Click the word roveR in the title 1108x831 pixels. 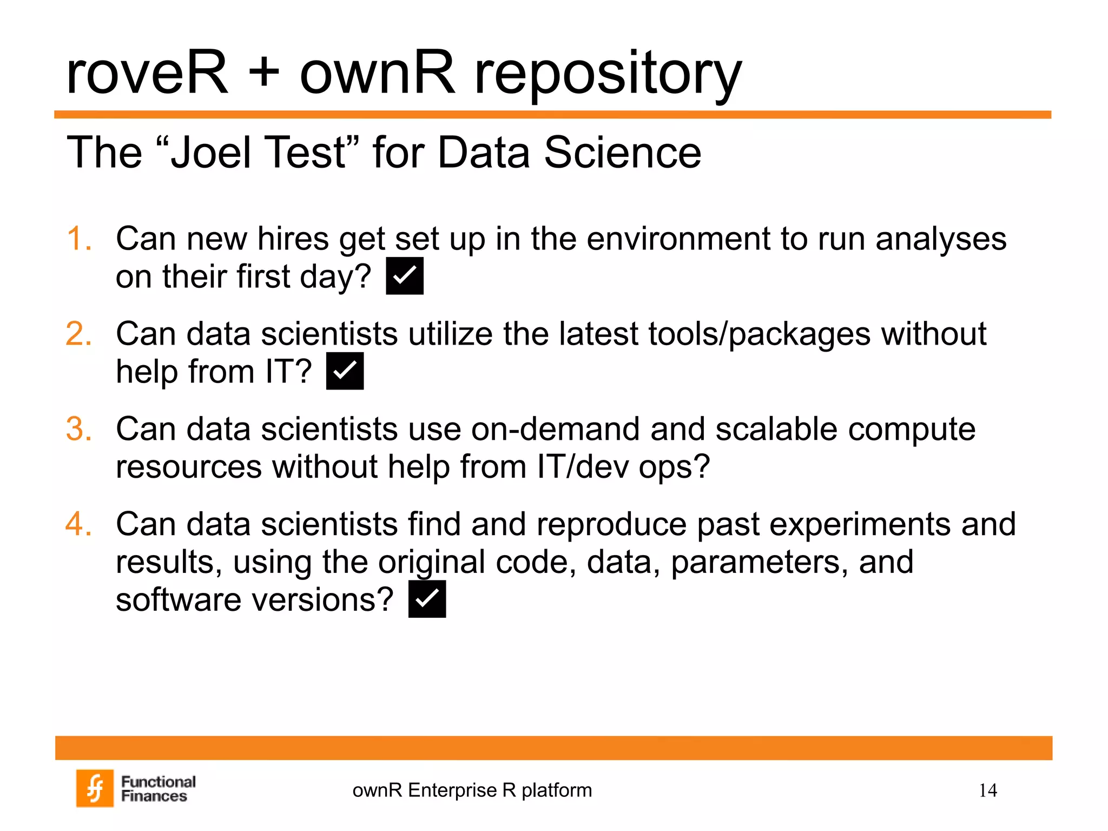pyautogui.click(x=147, y=73)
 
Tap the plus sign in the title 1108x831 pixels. pyautogui.click(x=264, y=73)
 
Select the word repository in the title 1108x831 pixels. pyautogui.click(x=608, y=76)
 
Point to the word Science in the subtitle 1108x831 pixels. pyautogui.click(x=622, y=153)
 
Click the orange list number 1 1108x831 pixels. pyautogui.click(x=79, y=239)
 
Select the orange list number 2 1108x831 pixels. pyautogui.click(x=79, y=334)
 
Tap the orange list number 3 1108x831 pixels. pyautogui.click(x=79, y=429)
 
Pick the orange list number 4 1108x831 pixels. pyautogui.click(x=79, y=524)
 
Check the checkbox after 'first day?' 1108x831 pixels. pyautogui.click(x=405, y=276)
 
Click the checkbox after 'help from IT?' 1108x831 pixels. pyautogui.click(x=345, y=371)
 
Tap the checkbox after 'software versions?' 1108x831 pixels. pyautogui.click(x=427, y=599)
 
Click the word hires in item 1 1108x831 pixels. pyautogui.click(x=293, y=239)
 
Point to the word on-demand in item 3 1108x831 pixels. pyautogui.click(x=556, y=429)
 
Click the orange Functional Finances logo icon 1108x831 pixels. pyautogui.click(x=95, y=788)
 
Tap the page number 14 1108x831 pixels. pyautogui.click(x=988, y=790)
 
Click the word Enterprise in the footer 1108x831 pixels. pyautogui.click(x=452, y=790)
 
